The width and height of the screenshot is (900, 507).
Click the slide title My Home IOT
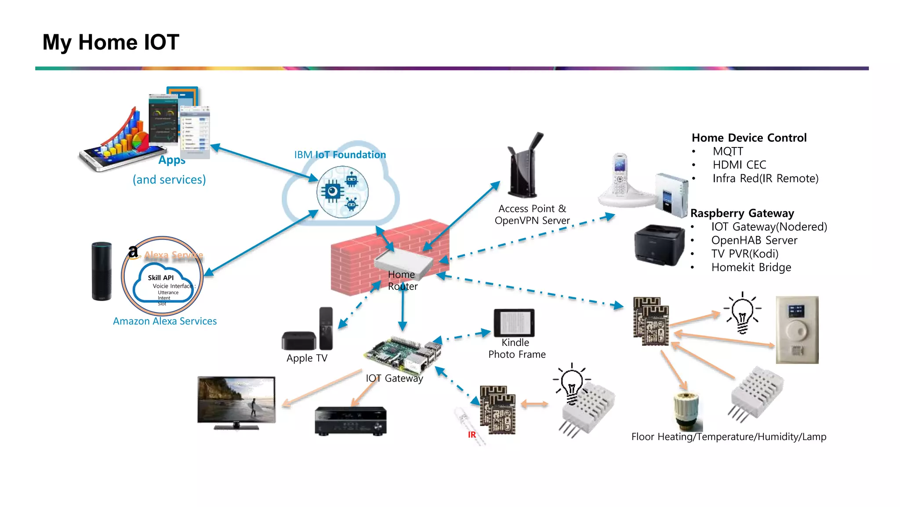pyautogui.click(x=111, y=43)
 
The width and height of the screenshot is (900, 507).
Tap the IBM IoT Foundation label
pyautogui.click(x=340, y=155)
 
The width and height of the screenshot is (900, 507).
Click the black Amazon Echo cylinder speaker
pyautogui.click(x=102, y=271)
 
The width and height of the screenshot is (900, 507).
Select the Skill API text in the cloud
pyautogui.click(x=160, y=278)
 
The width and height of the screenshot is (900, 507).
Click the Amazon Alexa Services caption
pyautogui.click(x=165, y=321)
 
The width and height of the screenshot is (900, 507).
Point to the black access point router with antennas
pyautogui.click(x=524, y=167)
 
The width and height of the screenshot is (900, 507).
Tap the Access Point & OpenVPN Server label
pyautogui.click(x=532, y=214)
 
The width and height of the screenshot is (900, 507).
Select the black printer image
pyautogui.click(x=659, y=245)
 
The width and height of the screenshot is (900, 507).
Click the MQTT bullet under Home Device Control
pyautogui.click(x=728, y=151)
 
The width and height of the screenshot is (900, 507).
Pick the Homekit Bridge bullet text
pyautogui.click(x=751, y=268)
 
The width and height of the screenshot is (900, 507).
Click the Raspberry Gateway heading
pyautogui.click(x=742, y=213)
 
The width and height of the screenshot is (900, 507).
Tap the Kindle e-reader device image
pyautogui.click(x=514, y=323)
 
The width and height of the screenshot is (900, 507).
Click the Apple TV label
pyautogui.click(x=307, y=358)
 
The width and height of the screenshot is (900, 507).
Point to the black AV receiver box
pyautogui.click(x=350, y=421)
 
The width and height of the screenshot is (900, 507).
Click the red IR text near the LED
pyautogui.click(x=472, y=435)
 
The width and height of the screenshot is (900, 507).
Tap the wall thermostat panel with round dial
pyautogui.click(x=797, y=330)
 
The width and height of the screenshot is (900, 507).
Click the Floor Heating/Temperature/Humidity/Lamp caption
pyautogui.click(x=729, y=437)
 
